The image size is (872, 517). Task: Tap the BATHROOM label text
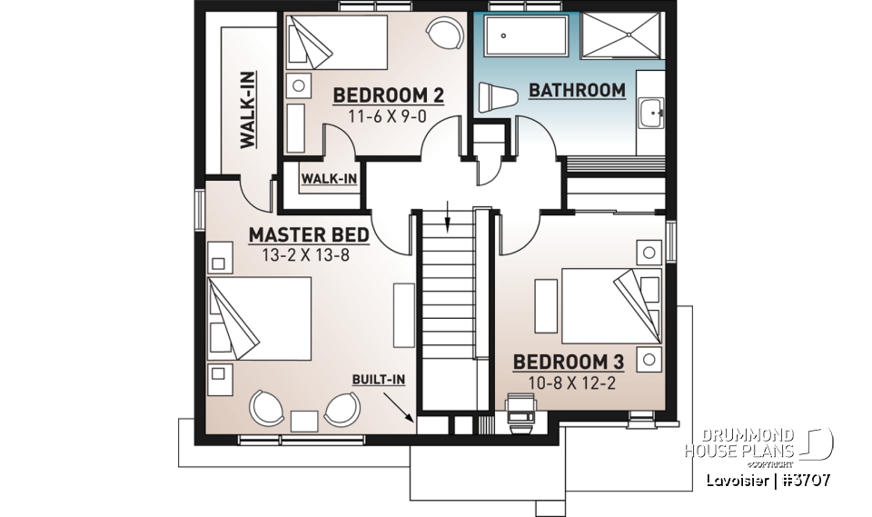(x=577, y=91)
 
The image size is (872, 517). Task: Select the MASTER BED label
(x=309, y=236)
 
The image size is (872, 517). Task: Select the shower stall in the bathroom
(x=622, y=37)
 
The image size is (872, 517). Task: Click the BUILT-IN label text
(x=380, y=380)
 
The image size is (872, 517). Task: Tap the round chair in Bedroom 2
(x=444, y=35)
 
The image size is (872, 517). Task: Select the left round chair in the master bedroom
(x=268, y=407)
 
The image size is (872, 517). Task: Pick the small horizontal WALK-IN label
(x=329, y=178)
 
